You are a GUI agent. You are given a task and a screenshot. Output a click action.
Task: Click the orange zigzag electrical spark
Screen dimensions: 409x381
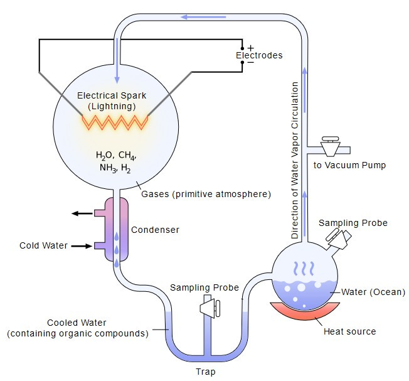(x=115, y=122)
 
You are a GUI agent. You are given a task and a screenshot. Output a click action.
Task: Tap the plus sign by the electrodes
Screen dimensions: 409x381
(x=251, y=48)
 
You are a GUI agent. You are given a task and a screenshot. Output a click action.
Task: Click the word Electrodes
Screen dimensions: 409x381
(x=259, y=55)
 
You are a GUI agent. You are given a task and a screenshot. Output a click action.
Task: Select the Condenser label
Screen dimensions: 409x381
(x=155, y=230)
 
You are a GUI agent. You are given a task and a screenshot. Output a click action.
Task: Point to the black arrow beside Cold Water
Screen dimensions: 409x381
(x=82, y=246)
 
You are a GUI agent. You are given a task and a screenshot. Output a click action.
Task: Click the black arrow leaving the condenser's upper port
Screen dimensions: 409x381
(x=82, y=213)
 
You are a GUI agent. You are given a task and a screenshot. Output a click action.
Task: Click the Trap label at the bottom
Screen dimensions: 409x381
(x=206, y=372)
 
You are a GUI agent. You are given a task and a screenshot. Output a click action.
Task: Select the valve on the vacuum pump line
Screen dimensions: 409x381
(x=330, y=146)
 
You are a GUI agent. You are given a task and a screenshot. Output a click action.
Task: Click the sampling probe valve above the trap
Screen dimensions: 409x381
(x=210, y=308)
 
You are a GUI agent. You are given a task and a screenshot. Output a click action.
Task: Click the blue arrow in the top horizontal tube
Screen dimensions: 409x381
(x=203, y=17)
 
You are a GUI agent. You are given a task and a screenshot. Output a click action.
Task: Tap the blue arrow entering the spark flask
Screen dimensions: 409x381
(x=117, y=60)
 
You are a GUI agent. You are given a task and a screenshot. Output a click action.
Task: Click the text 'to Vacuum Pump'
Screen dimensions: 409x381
(x=349, y=165)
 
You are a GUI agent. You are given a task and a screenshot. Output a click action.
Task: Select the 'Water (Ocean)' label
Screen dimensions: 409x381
(x=373, y=292)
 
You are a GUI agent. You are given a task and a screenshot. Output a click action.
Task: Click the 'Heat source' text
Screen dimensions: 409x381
(x=350, y=331)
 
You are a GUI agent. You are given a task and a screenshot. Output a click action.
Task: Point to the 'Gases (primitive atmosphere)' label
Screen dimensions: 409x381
(x=206, y=194)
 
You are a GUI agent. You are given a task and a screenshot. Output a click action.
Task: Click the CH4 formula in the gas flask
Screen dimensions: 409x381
(x=127, y=155)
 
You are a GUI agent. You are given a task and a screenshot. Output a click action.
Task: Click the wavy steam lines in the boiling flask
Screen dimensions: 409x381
(x=304, y=269)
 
